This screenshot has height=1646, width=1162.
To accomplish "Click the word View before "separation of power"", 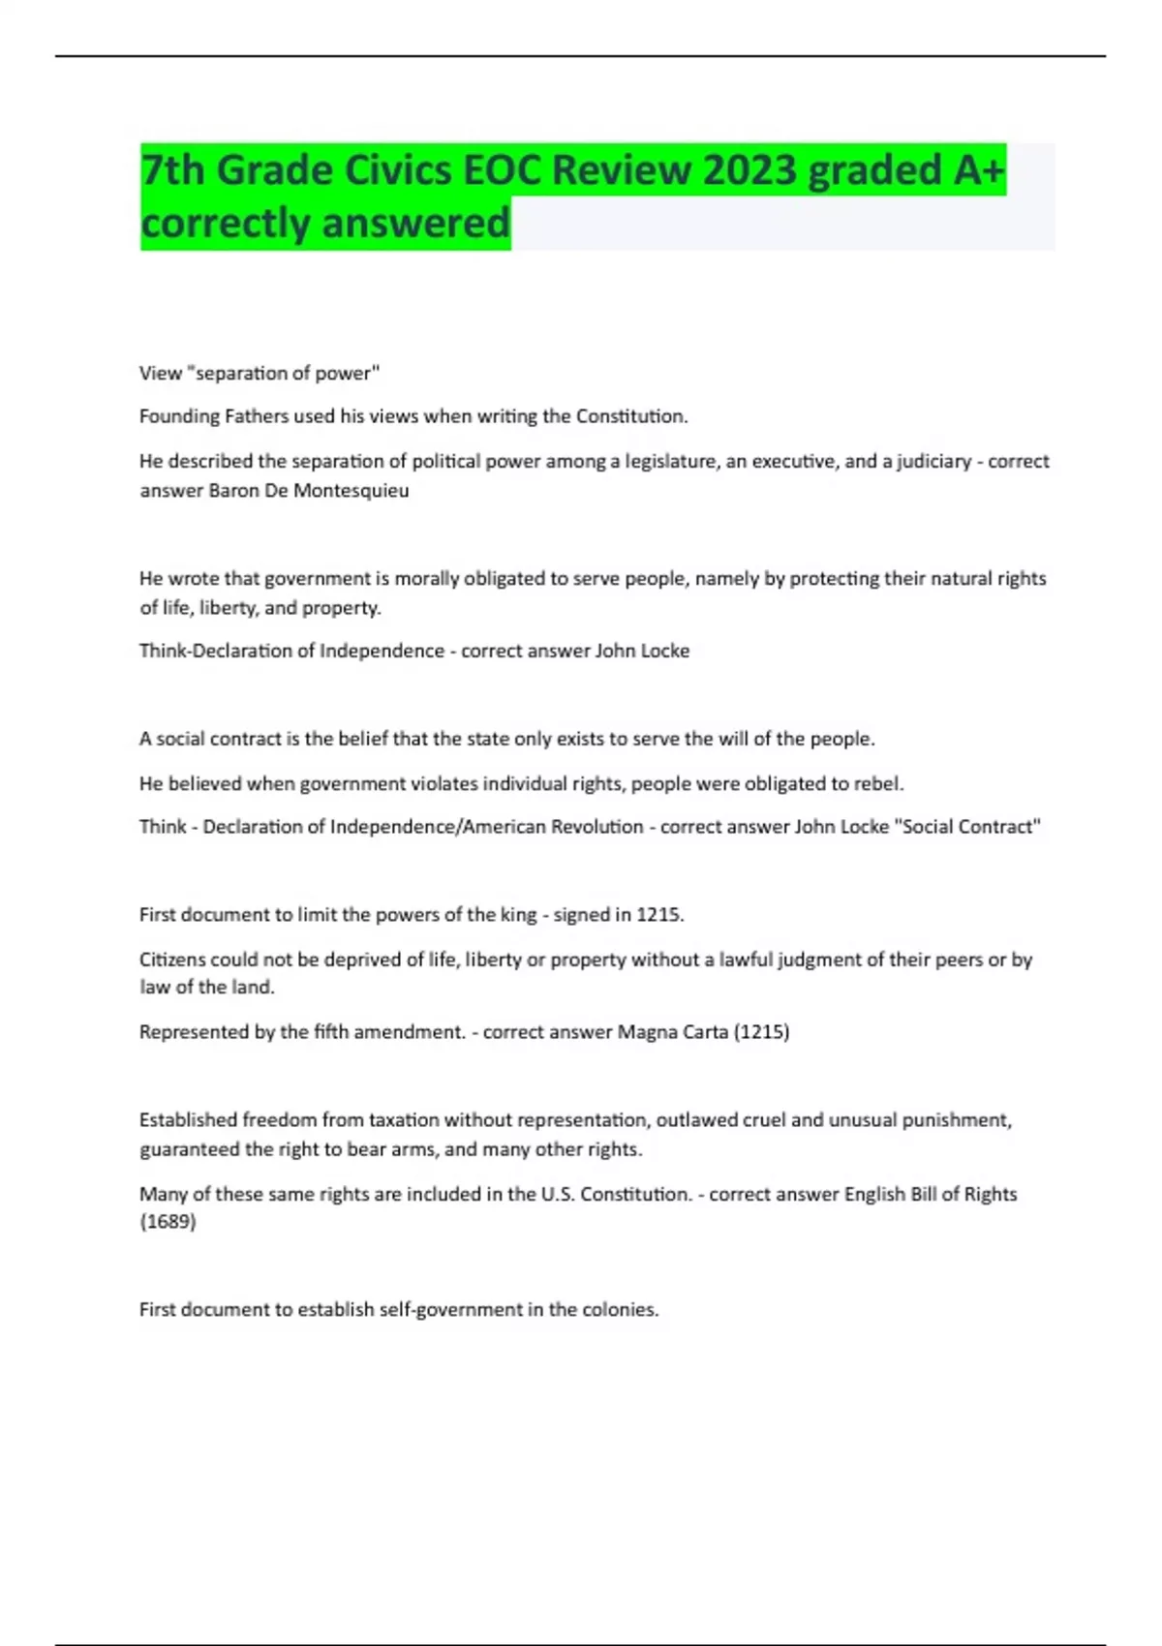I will pyautogui.click(x=161, y=373).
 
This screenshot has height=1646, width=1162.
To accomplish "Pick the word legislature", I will pyautogui.click(x=671, y=462).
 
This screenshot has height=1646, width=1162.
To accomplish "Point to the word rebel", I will pyautogui.click(x=880, y=783).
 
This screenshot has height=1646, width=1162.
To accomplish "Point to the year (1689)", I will pyautogui.click(x=168, y=1222).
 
